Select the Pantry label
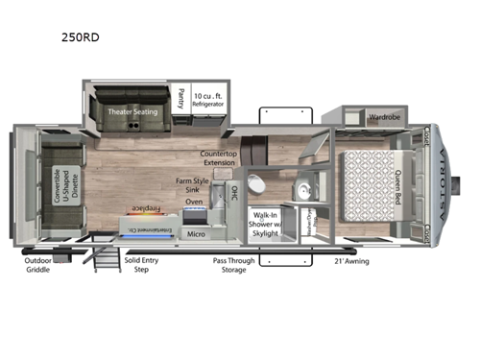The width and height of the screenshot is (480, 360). [x=181, y=98]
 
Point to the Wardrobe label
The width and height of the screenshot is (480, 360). [x=384, y=119]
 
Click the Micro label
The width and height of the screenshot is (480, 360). [x=196, y=233]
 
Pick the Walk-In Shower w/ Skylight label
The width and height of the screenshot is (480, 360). [x=268, y=223]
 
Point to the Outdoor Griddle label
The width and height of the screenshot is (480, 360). [x=42, y=265]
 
